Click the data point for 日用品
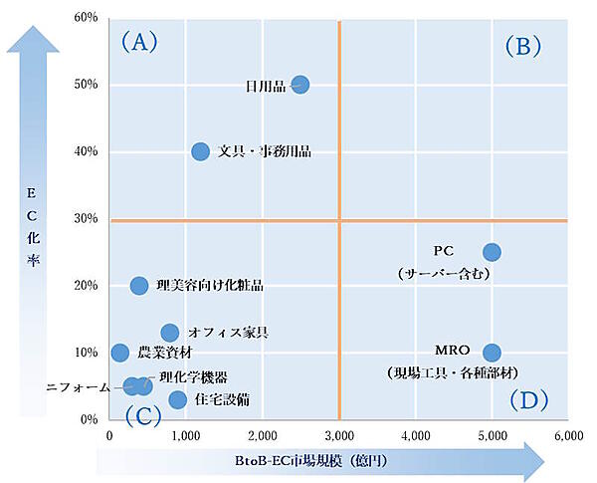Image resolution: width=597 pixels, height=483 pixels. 299,85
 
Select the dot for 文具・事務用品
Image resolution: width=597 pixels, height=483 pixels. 200,151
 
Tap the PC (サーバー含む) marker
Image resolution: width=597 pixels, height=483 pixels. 492,252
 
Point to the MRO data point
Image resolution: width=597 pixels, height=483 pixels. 492,353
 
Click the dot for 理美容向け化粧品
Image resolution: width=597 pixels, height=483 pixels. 139,286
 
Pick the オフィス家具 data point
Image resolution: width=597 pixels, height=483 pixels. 170,333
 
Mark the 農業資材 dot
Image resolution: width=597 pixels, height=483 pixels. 119,353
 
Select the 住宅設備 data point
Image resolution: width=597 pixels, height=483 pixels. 177,399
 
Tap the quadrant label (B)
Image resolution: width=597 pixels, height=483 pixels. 522,45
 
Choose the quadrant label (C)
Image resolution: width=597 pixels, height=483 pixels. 142,414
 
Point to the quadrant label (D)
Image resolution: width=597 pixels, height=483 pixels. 528,400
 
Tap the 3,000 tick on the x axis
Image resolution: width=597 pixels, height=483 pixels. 339,435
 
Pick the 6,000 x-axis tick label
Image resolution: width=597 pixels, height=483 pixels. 568,435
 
